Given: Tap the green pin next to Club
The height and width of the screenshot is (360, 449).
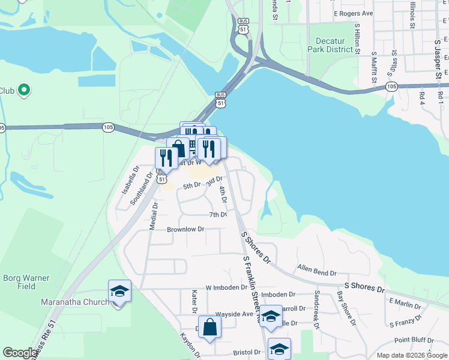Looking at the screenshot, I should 24,90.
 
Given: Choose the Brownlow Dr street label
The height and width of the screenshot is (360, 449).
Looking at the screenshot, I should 185,229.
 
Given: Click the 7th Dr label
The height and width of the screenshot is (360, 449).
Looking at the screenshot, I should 218,214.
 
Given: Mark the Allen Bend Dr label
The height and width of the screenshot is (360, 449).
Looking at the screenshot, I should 318,271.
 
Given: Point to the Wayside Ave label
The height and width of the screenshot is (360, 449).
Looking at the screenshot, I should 234,314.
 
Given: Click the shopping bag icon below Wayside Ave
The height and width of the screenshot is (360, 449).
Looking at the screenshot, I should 209,328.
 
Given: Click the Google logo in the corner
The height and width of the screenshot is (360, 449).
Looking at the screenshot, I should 20,353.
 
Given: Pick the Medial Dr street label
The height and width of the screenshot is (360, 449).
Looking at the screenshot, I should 154,215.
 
